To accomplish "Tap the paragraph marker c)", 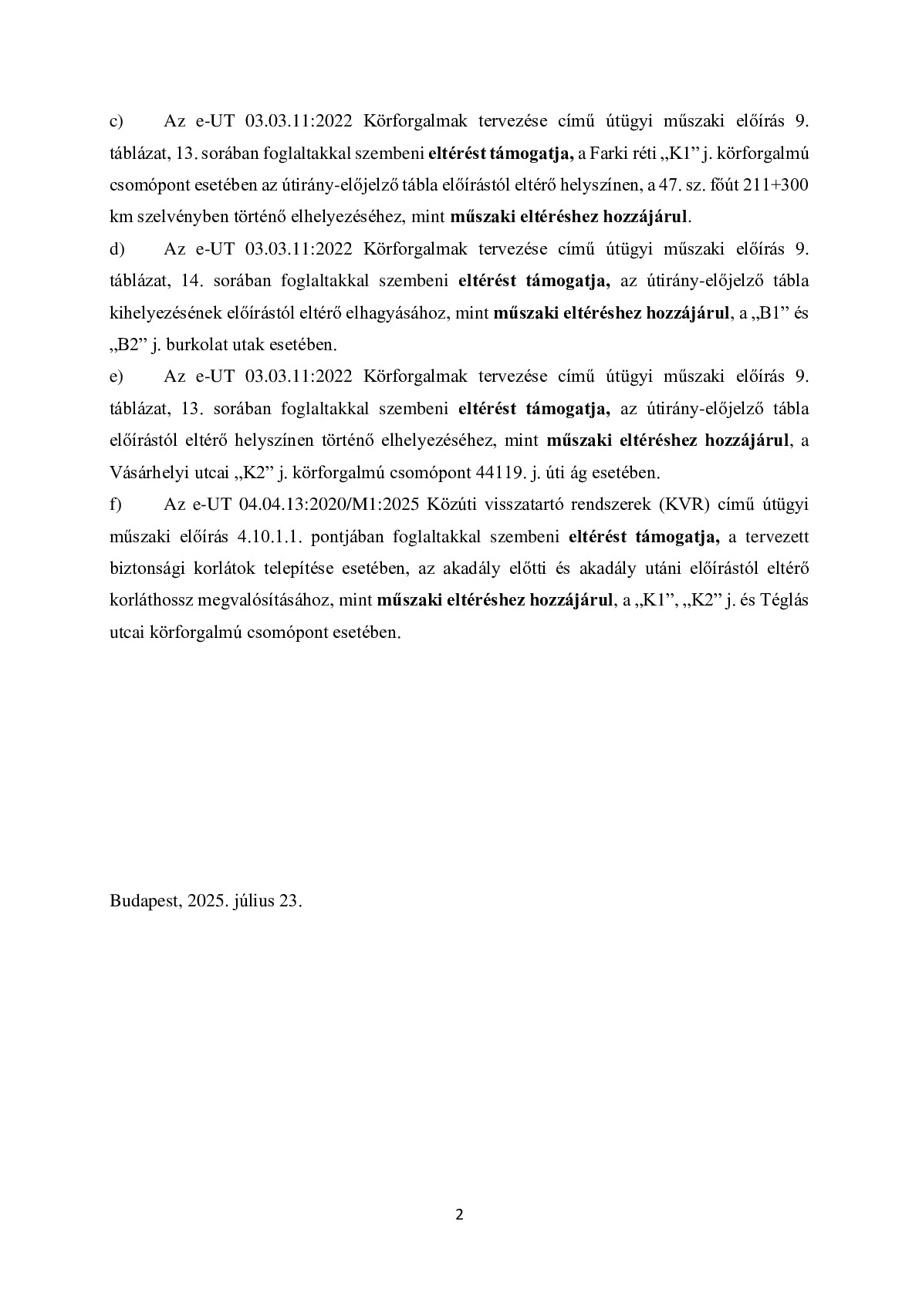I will pos(117,121).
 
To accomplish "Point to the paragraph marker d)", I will pos(117,249).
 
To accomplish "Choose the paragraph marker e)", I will pos(117,376).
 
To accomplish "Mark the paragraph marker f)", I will pos(116,504).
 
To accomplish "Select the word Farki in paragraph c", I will pos(606,154).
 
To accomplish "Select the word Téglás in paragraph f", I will pos(784,600).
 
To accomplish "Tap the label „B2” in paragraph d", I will pos(129,345).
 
